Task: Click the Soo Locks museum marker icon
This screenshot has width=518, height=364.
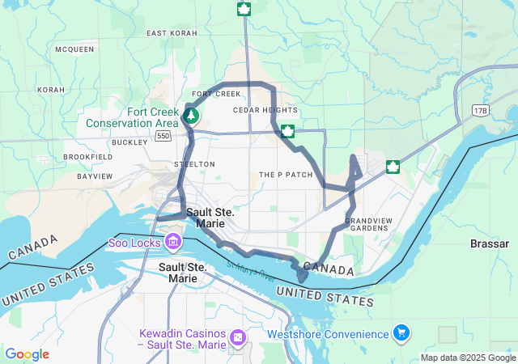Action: [x=173, y=241]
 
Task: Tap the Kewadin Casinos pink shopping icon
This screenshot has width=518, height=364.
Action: [x=237, y=336]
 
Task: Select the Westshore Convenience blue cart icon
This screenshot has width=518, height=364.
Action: [x=401, y=332]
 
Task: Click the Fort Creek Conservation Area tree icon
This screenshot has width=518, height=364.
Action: [x=191, y=116]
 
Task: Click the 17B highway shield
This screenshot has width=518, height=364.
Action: [x=482, y=109]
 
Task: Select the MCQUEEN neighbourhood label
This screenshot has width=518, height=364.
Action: [x=74, y=49]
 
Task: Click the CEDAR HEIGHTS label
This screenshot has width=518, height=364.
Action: [x=265, y=110]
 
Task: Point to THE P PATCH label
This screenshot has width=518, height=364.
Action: [x=286, y=175]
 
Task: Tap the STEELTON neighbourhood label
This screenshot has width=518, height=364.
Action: [x=194, y=164]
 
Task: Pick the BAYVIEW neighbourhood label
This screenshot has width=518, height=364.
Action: [x=95, y=176]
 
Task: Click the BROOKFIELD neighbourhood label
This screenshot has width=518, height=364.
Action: [x=87, y=156]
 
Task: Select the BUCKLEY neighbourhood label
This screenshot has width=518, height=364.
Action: [x=129, y=142]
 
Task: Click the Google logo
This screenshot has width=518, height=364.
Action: [x=27, y=354]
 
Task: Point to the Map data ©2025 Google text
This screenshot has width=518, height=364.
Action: [x=467, y=358]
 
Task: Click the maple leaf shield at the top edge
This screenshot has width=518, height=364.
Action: [x=243, y=9]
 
